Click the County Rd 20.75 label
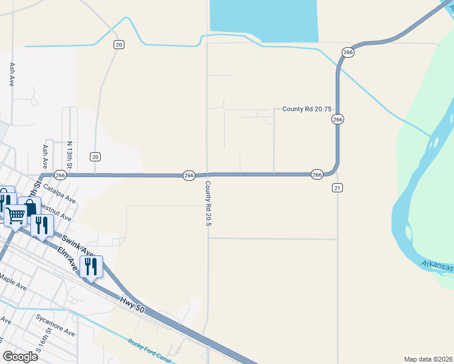click(x=307, y=109)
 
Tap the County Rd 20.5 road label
click(x=208, y=204)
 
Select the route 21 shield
click(x=337, y=188)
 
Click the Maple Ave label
click(x=13, y=281)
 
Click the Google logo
click(x=20, y=356)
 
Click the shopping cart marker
click(x=16, y=214)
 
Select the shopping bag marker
click(x=29, y=207)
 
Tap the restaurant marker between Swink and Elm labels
click(x=91, y=267)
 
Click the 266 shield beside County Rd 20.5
click(x=189, y=175)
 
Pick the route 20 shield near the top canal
click(x=119, y=45)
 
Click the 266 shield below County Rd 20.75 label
click(x=338, y=120)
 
